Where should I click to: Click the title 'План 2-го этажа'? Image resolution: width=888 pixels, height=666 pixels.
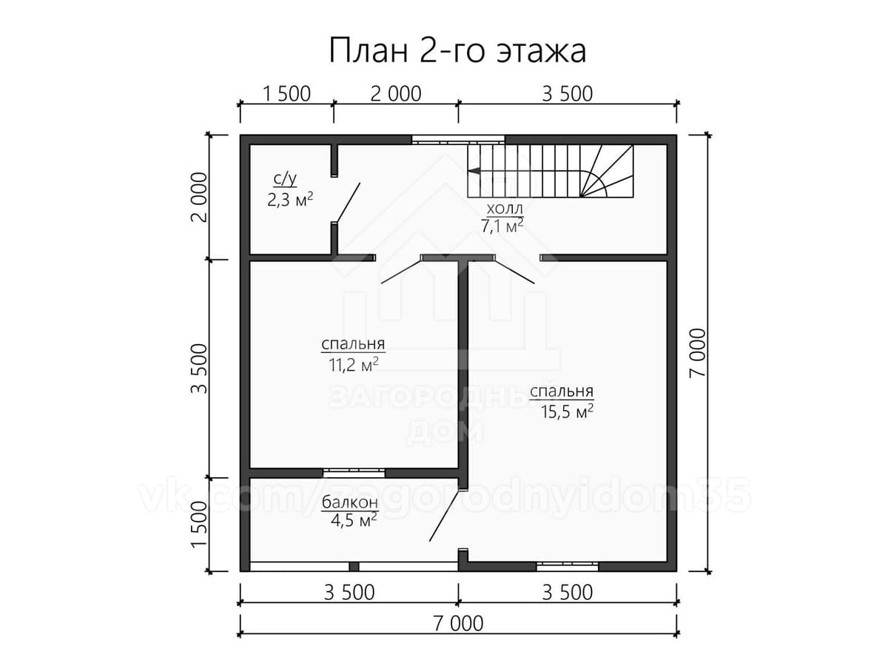click(x=457, y=51)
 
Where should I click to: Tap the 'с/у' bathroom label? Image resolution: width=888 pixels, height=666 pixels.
click(x=285, y=179)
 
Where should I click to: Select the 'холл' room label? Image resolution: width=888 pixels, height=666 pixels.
click(x=504, y=209)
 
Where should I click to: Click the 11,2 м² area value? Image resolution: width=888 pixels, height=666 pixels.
click(x=354, y=365)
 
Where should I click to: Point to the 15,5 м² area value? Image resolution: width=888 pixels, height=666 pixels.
click(x=567, y=411)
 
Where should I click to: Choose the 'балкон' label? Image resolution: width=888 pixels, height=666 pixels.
click(x=350, y=502)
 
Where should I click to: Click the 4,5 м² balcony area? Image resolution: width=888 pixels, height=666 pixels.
click(x=354, y=520)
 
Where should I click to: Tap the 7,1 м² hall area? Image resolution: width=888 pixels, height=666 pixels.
click(x=502, y=226)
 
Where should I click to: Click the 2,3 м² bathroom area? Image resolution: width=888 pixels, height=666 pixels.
click(x=289, y=199)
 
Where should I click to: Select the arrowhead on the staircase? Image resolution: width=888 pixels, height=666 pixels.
click(x=476, y=171)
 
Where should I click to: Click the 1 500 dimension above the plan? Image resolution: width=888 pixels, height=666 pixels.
click(x=287, y=94)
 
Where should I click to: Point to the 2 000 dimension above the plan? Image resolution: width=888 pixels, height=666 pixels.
click(x=396, y=94)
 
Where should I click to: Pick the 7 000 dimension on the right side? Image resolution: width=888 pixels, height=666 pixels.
click(x=698, y=353)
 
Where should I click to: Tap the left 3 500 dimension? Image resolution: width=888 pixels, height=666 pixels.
click(x=199, y=369)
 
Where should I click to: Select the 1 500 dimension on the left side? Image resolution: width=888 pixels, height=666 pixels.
click(x=199, y=525)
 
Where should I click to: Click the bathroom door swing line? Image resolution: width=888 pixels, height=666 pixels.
click(x=348, y=203)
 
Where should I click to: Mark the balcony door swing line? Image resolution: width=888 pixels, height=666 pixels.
click(x=445, y=516)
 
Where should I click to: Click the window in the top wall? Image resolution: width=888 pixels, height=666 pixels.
click(x=458, y=140)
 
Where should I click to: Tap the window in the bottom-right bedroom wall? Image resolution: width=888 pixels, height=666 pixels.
click(x=567, y=566)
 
